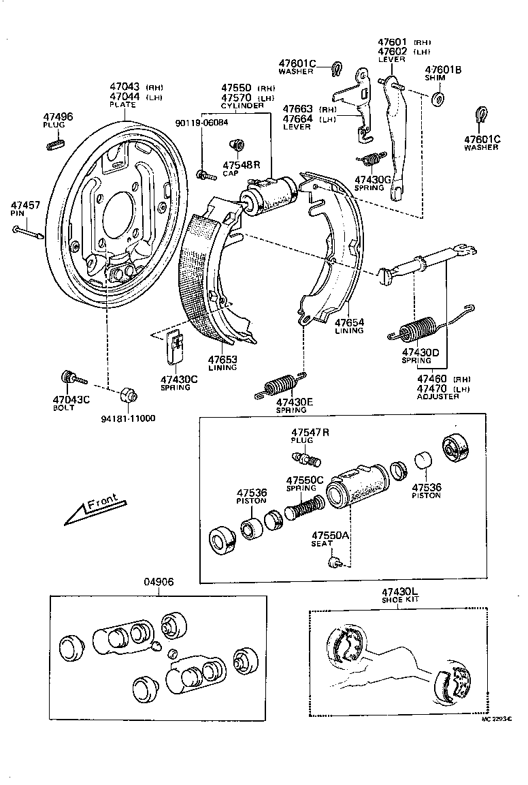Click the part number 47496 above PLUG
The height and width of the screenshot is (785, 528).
pyautogui.click(x=58, y=117)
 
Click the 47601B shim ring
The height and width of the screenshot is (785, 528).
pyautogui.click(x=438, y=99)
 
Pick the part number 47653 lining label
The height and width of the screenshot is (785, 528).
pyautogui.click(x=222, y=359)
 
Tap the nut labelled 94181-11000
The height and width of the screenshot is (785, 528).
pyautogui.click(x=127, y=395)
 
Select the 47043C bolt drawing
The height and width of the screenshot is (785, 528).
pyautogui.click(x=71, y=377)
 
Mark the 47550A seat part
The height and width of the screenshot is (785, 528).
pyautogui.click(x=334, y=561)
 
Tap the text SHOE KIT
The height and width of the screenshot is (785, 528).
pyautogui.click(x=400, y=599)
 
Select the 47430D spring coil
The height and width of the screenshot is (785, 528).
pyautogui.click(x=419, y=329)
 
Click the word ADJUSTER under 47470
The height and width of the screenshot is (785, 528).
pyautogui.click(x=438, y=397)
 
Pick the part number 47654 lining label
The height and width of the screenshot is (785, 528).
pyautogui.click(x=349, y=322)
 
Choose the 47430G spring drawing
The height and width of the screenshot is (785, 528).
pyautogui.click(x=370, y=159)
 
